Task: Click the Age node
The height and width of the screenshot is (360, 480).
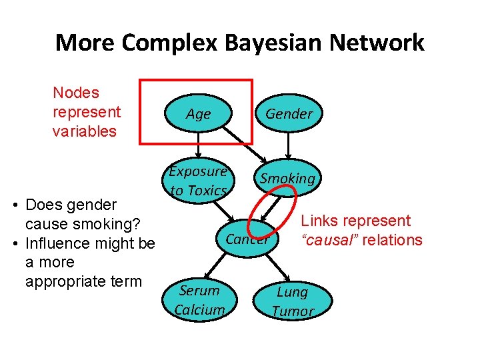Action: coord(198,114)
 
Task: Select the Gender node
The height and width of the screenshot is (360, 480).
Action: coord(289,114)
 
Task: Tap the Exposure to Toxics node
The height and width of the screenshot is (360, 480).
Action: coord(198,181)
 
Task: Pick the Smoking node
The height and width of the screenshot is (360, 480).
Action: coord(287,179)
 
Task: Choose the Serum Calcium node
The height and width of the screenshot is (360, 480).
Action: coord(199,300)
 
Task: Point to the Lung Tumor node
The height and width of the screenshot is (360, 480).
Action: coord(292,301)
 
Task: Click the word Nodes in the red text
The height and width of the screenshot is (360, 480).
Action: coord(75,93)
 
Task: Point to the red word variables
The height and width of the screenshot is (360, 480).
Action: coord(84,131)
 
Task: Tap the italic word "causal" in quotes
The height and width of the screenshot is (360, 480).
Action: coord(331,240)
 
